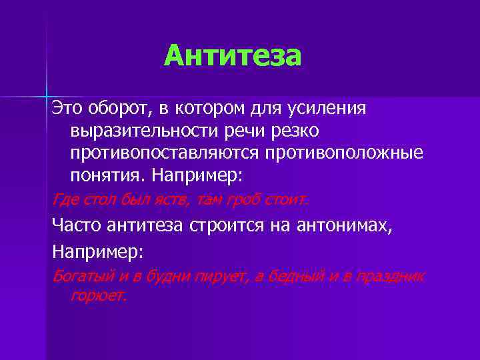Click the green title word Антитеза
[233, 56]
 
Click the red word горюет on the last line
[97, 295]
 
